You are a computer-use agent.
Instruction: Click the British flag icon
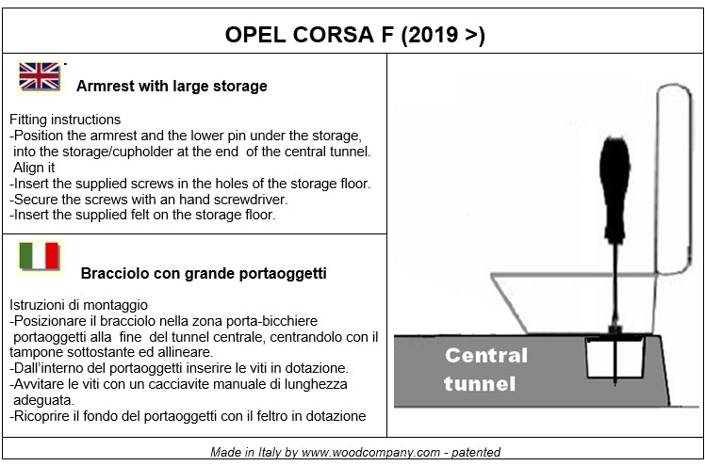click(40, 76)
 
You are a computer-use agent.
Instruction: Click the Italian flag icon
click(40, 256)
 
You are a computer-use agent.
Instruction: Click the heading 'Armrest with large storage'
click(172, 86)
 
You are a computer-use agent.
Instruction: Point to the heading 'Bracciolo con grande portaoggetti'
click(204, 273)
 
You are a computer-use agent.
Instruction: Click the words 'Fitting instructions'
click(65, 120)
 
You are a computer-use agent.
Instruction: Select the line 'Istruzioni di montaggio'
click(78, 305)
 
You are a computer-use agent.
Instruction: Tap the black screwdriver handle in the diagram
click(615, 188)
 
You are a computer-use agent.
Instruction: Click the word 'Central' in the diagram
click(486, 356)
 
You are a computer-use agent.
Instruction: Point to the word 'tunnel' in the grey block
click(480, 384)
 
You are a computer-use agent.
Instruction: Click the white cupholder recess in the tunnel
click(615, 357)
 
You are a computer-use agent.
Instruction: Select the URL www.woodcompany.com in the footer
click(371, 452)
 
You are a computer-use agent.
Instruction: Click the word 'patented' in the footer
click(476, 452)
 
